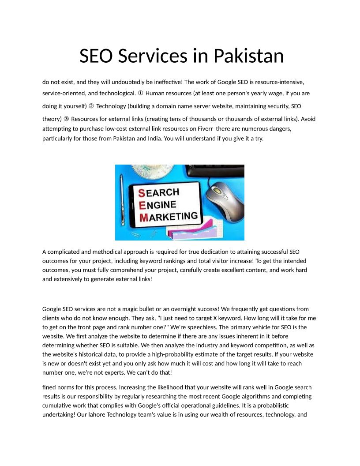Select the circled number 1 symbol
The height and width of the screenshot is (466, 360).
point(140,94)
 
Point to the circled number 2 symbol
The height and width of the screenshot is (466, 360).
point(91,106)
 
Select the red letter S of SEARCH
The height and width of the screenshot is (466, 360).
point(142,193)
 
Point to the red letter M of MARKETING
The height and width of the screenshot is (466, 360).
point(143,218)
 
